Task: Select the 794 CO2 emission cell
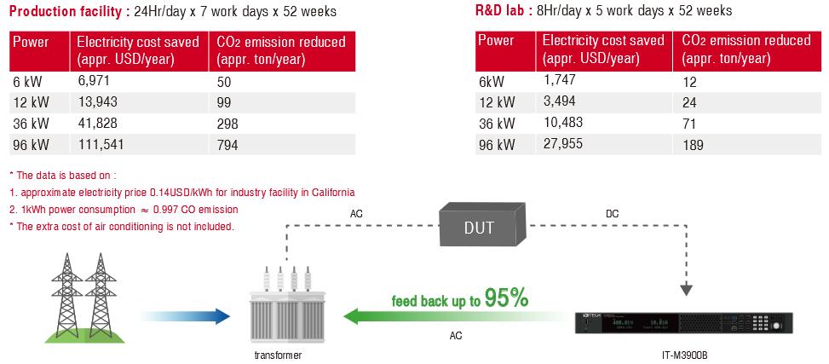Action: point(227,144)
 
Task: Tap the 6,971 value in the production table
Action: point(93,81)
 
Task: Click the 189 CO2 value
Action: point(693,145)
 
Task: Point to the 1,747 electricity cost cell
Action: point(559,81)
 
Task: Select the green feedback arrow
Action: point(452,316)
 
